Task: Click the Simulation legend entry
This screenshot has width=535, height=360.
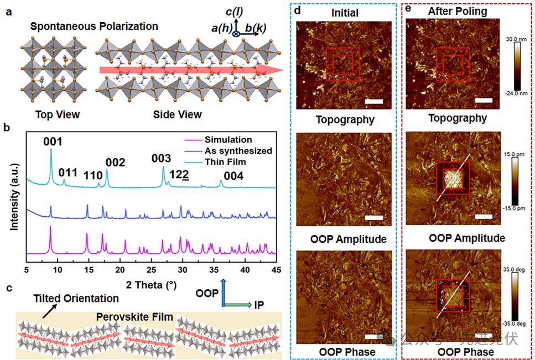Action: (x=228, y=139)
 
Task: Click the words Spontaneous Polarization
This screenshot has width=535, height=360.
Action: (x=94, y=26)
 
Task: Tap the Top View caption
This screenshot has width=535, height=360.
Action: (x=58, y=115)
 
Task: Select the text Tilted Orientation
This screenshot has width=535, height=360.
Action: (x=76, y=299)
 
